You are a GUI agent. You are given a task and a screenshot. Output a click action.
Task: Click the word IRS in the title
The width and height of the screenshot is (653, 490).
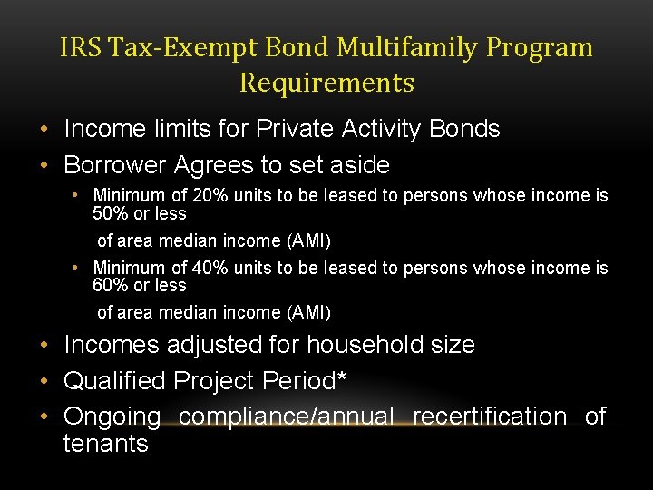pos(78,47)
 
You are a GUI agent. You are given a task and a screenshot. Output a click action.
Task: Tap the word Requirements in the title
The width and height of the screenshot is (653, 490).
pos(326,83)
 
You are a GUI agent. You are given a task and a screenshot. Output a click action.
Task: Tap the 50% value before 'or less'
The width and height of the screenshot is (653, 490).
pos(111,214)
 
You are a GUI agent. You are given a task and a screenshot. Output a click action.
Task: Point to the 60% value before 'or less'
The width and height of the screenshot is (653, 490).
pos(111,286)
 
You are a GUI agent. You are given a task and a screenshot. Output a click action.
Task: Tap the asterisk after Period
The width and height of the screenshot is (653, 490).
pos(342,377)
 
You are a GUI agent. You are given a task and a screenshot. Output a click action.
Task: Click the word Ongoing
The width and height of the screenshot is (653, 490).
pos(112,417)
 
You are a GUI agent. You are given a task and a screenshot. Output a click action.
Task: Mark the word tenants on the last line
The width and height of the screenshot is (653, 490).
pos(105,444)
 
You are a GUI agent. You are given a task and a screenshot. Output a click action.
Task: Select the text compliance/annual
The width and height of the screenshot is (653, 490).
pos(286,417)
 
